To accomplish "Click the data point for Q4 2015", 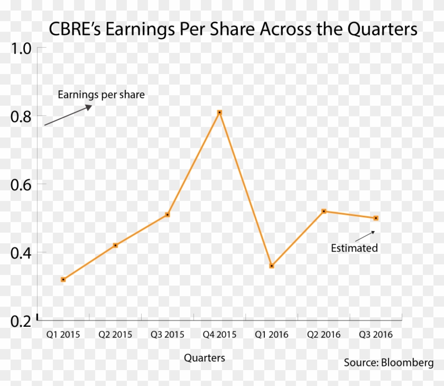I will [x=219, y=113].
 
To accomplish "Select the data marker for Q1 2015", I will [x=63, y=279].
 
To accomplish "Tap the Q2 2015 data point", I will [x=115, y=245].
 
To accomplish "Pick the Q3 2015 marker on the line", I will [x=168, y=215].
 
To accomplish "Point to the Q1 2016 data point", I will [x=272, y=266].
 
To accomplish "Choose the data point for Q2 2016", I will [x=323, y=211].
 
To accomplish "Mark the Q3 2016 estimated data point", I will [x=376, y=218].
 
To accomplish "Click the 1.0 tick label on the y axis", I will [x=21, y=49].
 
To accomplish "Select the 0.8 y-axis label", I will [x=21, y=117].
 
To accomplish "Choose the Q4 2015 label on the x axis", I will [x=219, y=335].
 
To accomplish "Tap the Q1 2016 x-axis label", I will [x=272, y=335].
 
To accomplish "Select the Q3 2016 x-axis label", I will [x=376, y=335].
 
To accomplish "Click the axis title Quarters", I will [x=205, y=359].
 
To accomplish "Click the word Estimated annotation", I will [x=354, y=248].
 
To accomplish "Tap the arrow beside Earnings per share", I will [x=68, y=115].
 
